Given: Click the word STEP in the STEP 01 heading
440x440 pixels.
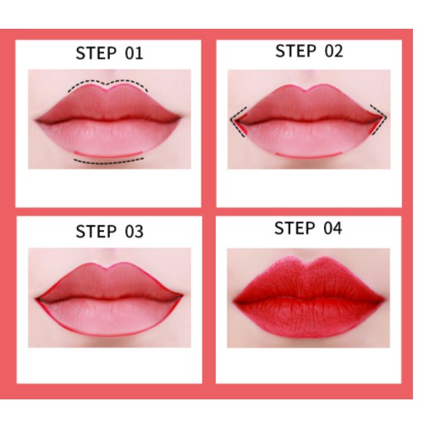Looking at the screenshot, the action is click(x=96, y=53).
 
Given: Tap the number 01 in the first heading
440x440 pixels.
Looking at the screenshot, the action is click(x=134, y=53).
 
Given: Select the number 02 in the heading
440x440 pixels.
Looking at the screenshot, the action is click(x=333, y=51).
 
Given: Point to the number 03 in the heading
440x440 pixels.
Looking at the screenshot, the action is click(x=134, y=232).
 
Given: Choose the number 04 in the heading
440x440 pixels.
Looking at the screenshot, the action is click(x=333, y=228).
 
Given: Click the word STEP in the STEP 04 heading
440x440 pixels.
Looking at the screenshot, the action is click(x=294, y=228).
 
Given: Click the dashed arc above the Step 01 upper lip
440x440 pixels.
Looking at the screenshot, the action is click(x=107, y=83).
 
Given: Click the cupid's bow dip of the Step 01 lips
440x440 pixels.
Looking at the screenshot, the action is click(x=107, y=90).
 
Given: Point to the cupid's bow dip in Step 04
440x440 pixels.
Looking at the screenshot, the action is click(x=306, y=264).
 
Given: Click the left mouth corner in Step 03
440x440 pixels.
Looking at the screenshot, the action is click(x=37, y=299).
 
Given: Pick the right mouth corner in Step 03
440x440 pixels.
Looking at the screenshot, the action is click(x=182, y=295).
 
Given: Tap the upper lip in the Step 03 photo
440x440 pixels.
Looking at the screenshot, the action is click(x=108, y=282).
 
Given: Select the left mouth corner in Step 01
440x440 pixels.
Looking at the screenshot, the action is click(x=36, y=121).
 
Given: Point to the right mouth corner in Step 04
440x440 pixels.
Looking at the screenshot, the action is click(x=383, y=300).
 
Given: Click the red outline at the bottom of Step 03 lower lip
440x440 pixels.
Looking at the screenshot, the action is click(x=109, y=336).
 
